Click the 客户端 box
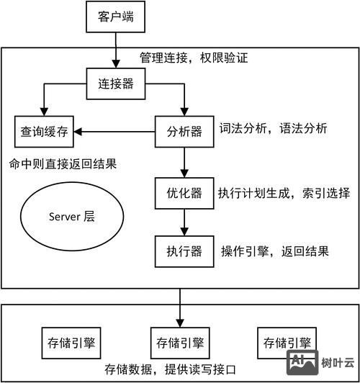pos(115,16)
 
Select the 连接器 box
pos(115,84)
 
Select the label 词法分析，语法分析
pos(274,130)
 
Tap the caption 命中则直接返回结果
pos(63,164)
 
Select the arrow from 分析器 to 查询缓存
pos(115,131)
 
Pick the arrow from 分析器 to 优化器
pos(185,162)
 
